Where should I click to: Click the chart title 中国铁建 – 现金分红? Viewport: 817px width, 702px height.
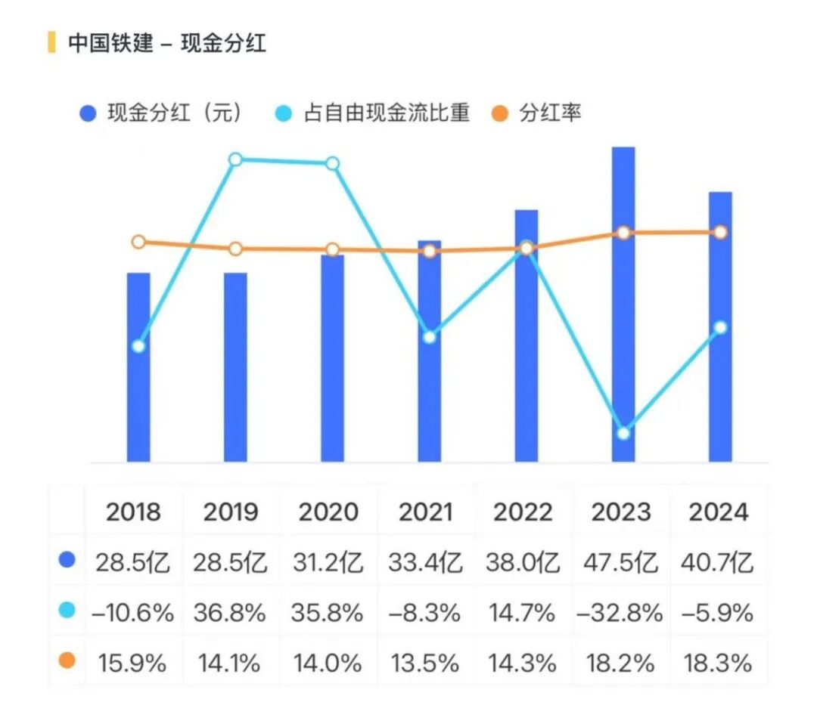[x=167, y=43]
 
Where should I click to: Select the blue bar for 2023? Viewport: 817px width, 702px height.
[x=623, y=302]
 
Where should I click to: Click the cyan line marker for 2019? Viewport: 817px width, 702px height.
[x=235, y=159]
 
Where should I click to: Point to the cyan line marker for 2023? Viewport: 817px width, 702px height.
[x=623, y=433]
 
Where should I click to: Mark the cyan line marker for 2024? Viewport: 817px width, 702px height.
[x=720, y=327]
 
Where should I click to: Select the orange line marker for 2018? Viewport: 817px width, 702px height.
[x=138, y=242]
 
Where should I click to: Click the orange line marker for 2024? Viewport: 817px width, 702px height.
[x=720, y=232]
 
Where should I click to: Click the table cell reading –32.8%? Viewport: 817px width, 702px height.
[x=620, y=612]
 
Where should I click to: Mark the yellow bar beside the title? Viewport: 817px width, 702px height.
[x=51, y=42]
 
